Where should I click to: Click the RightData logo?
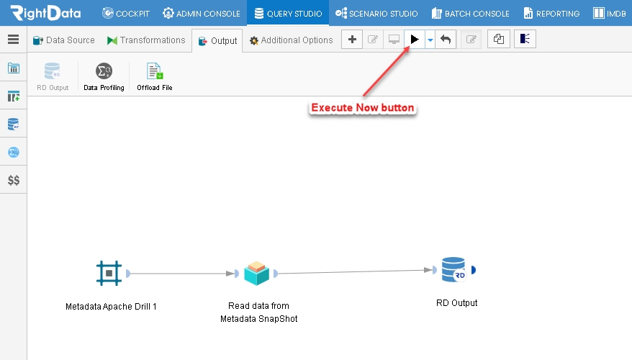(x=45, y=13)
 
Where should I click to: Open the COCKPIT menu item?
(x=126, y=13)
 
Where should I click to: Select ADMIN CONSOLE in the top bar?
(x=201, y=13)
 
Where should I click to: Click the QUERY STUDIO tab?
(x=288, y=13)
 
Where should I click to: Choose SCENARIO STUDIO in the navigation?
(x=376, y=13)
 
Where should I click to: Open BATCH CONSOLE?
(x=470, y=13)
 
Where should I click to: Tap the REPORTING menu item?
(x=551, y=13)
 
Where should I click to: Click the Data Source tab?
(x=63, y=40)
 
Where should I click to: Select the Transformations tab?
(x=146, y=40)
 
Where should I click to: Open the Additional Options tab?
(x=291, y=40)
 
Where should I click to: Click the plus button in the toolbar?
(x=352, y=39)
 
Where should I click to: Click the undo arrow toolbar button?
(x=446, y=39)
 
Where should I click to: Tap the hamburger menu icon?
(x=13, y=39)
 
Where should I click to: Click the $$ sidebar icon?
(x=13, y=180)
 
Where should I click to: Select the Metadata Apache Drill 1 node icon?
(x=109, y=274)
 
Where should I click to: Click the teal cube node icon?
(x=256, y=274)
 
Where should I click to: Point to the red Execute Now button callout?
(x=362, y=107)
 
